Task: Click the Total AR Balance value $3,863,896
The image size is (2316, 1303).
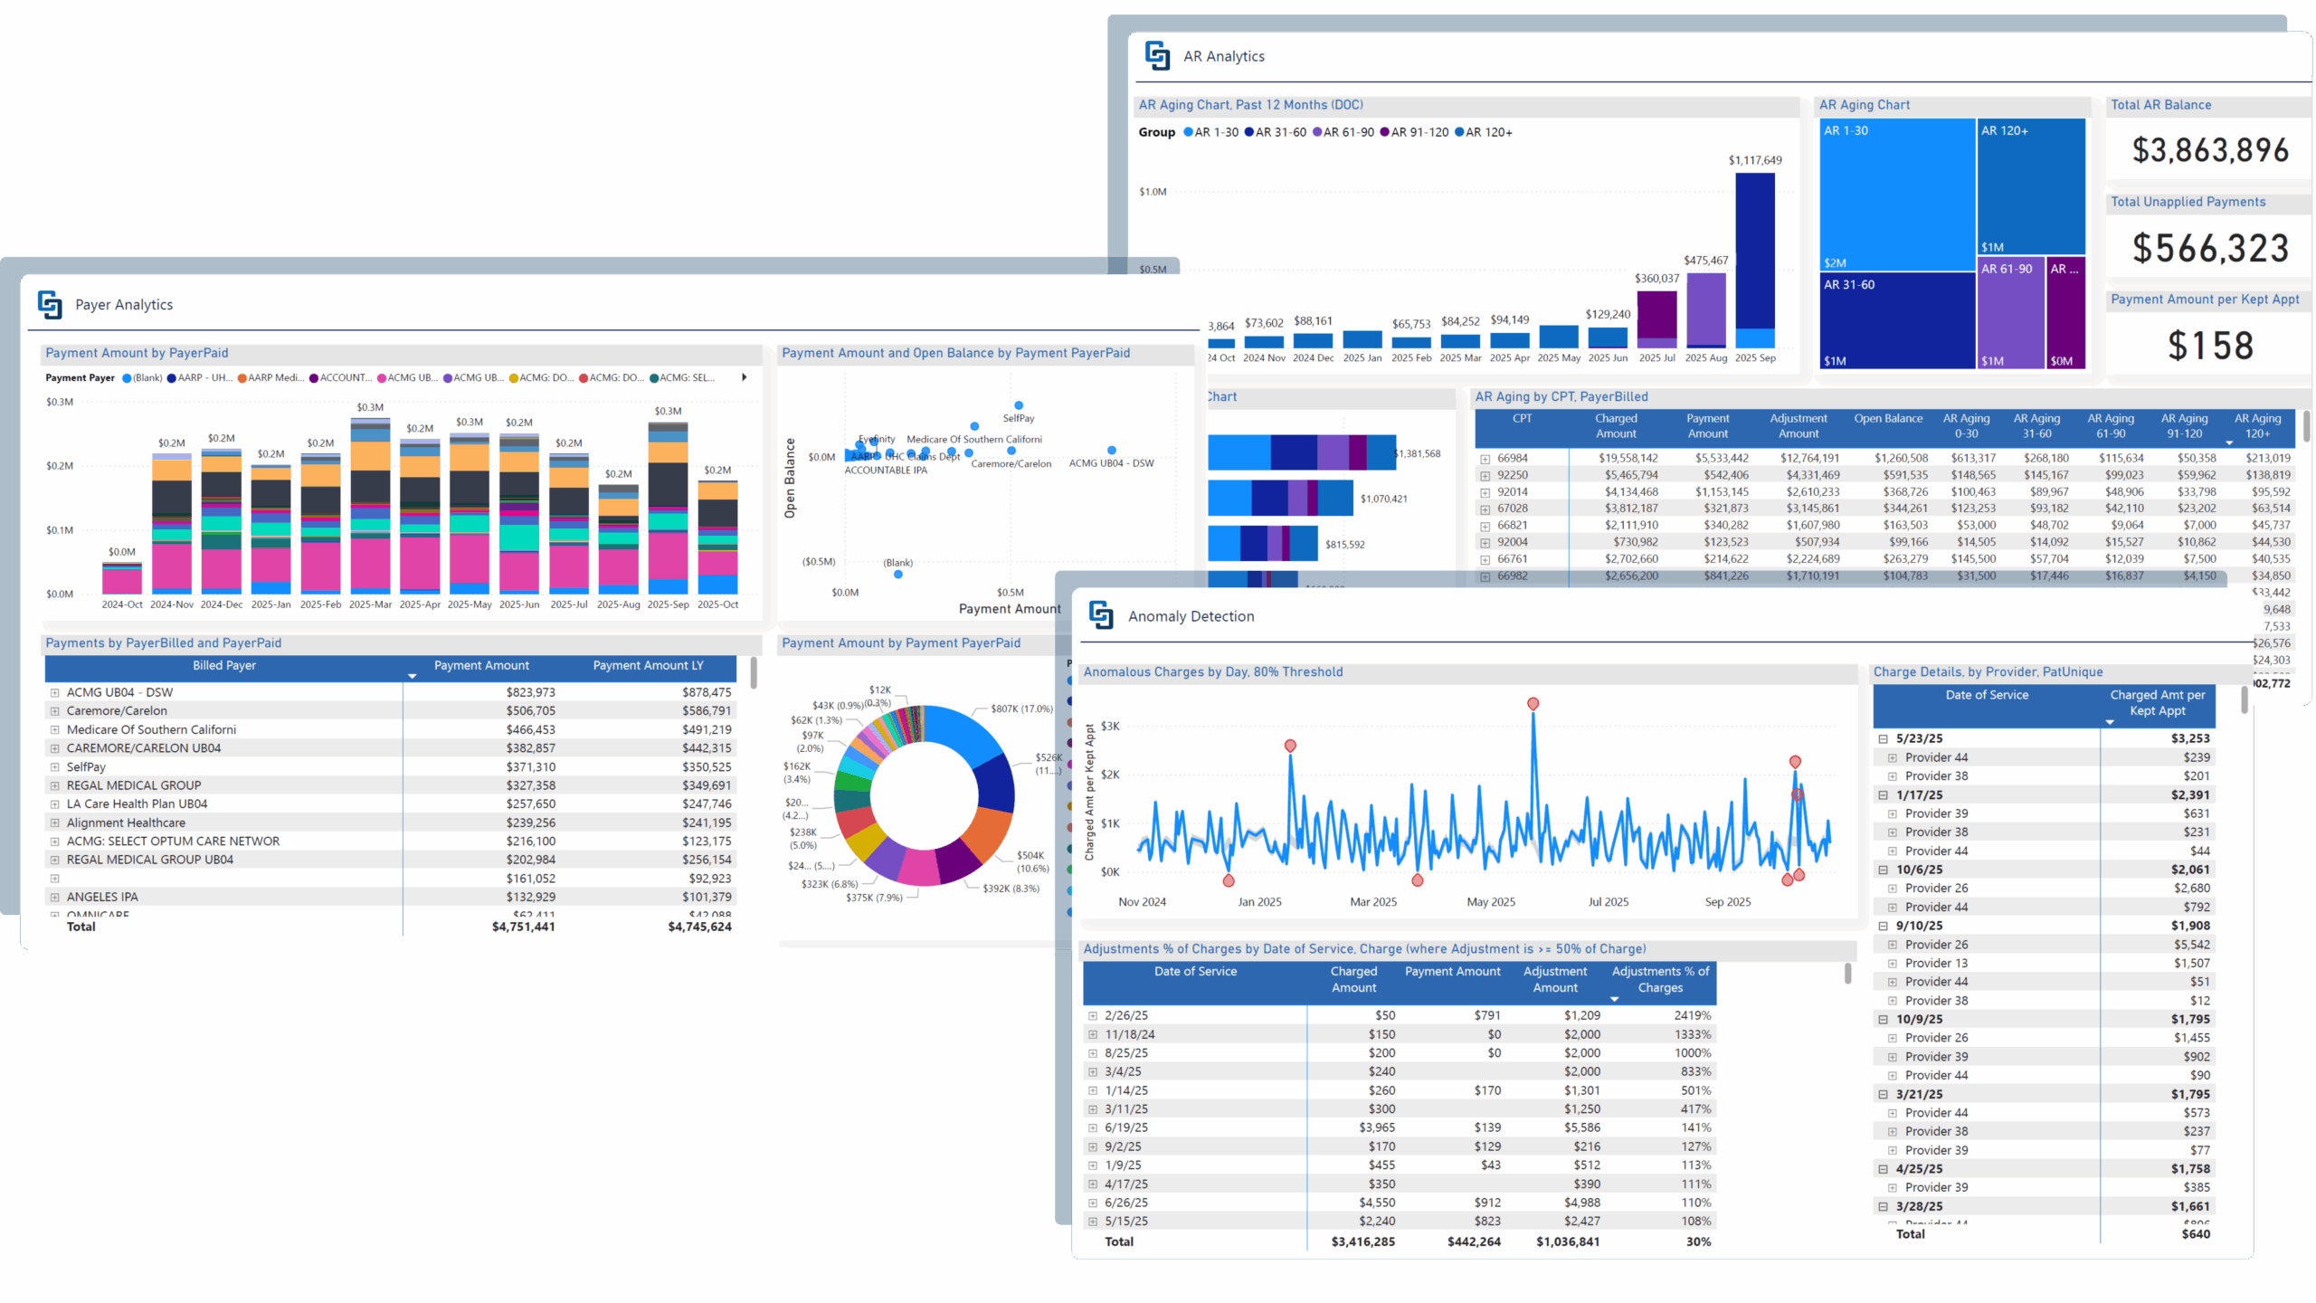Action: (x=2209, y=150)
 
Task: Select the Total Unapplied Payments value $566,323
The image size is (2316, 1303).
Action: (x=2209, y=249)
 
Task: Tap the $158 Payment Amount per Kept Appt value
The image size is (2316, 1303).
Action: (x=2209, y=346)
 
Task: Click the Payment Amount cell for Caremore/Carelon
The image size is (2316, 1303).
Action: (x=530, y=711)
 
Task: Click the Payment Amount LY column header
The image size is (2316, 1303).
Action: (x=648, y=666)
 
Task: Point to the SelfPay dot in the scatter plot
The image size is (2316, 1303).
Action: (x=1019, y=405)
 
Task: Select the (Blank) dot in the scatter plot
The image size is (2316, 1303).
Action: (x=897, y=575)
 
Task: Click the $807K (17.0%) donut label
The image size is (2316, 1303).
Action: (x=1021, y=709)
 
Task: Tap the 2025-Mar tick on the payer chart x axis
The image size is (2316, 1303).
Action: (x=370, y=604)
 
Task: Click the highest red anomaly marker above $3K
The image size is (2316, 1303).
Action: (x=1533, y=704)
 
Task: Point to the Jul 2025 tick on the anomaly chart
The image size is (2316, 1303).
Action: (x=1608, y=902)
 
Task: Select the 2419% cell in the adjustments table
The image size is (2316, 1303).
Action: (x=1692, y=1016)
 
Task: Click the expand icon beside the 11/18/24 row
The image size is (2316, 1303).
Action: (x=1093, y=1035)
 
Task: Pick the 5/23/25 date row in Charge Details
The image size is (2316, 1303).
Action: (x=1920, y=739)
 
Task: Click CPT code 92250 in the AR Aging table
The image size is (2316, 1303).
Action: (x=1512, y=475)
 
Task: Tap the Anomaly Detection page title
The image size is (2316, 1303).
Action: (x=1191, y=616)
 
